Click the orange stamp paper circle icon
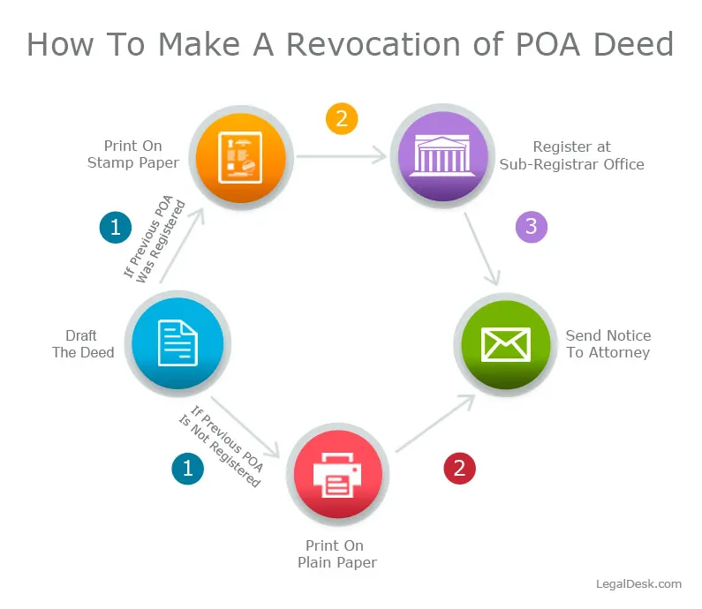pyautogui.click(x=240, y=157)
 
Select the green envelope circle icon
pyautogui.click(x=505, y=343)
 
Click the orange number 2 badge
pyautogui.click(x=342, y=118)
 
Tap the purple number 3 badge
pyautogui.click(x=531, y=227)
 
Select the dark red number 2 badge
pyautogui.click(x=458, y=469)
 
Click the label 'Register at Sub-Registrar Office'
pyautogui.click(x=571, y=155)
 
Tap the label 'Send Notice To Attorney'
pyautogui.click(x=608, y=344)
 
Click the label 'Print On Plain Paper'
pyautogui.click(x=335, y=554)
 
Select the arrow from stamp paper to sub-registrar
pyautogui.click(x=343, y=157)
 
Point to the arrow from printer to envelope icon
pyautogui.click(x=433, y=425)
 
